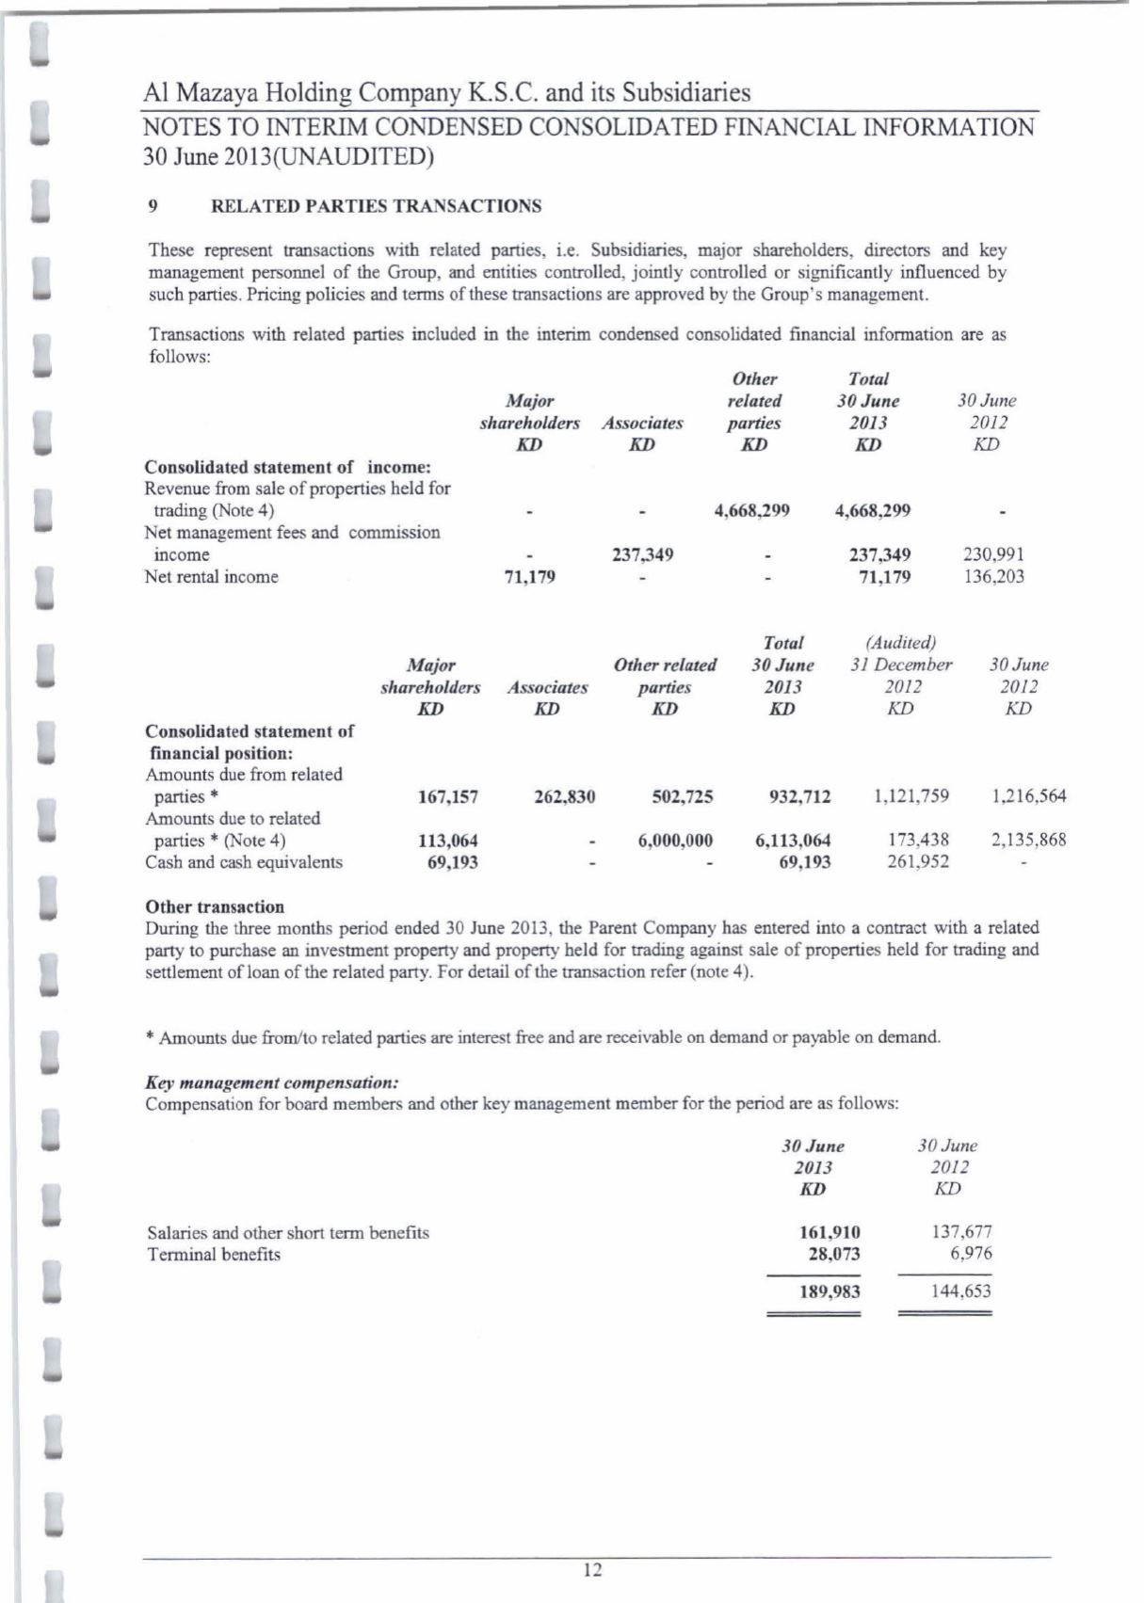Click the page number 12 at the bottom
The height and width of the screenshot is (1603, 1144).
coord(592,1569)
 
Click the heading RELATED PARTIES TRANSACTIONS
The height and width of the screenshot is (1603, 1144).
coord(376,206)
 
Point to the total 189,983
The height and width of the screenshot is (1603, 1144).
coord(830,1291)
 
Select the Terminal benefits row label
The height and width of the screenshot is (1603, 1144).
coord(214,1255)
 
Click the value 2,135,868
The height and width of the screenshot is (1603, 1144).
coord(1028,841)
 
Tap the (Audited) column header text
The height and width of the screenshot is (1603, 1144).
coord(901,643)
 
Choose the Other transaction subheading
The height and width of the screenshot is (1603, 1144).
coord(215,907)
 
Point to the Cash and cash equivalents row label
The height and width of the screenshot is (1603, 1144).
coord(244,862)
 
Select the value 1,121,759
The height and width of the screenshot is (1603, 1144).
coord(911,796)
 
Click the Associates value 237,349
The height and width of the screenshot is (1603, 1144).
coord(642,555)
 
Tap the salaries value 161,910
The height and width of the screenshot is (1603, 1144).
coord(830,1232)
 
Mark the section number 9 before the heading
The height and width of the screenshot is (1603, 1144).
coord(153,206)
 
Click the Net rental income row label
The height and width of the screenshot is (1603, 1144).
coord(211,577)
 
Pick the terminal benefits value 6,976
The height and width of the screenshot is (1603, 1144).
coord(973,1254)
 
